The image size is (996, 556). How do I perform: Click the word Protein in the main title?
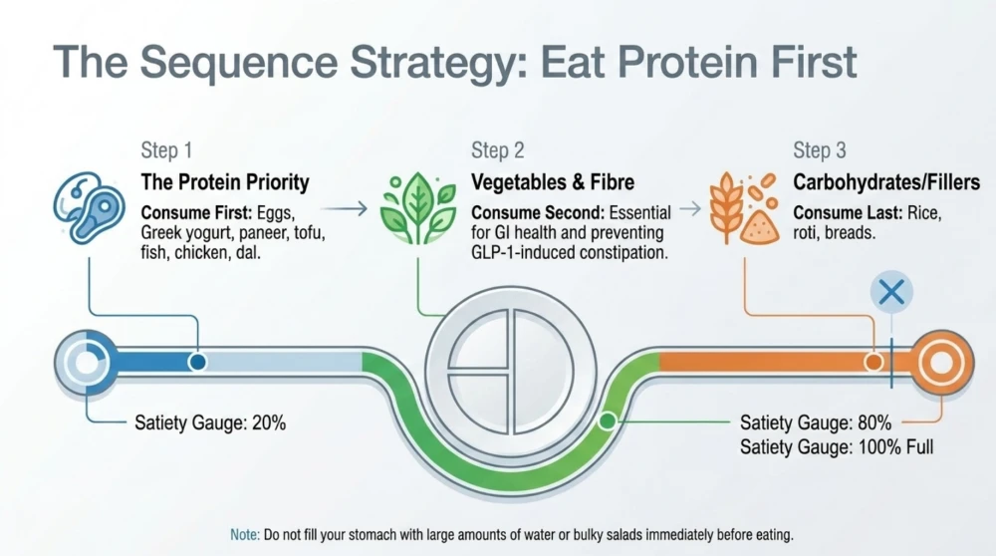(688, 62)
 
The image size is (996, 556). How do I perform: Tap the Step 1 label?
(166, 150)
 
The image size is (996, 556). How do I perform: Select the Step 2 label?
(497, 150)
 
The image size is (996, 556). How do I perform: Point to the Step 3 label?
(820, 150)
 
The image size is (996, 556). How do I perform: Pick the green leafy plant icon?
(418, 208)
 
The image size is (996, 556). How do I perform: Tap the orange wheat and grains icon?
(744, 208)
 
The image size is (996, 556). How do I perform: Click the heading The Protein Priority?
(225, 182)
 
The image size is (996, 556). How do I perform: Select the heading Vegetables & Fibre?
(553, 182)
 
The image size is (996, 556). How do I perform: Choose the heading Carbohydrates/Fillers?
(886, 182)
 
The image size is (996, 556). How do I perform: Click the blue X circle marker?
(891, 292)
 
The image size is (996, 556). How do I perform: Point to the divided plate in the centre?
(511, 372)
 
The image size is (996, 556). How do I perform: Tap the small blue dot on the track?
(197, 362)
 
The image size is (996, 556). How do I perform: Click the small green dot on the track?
(608, 420)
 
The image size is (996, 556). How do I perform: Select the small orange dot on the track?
(874, 362)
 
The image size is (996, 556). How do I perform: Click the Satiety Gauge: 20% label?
(210, 422)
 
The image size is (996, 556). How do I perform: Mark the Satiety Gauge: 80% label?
(816, 422)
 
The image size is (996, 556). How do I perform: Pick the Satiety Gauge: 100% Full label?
(837, 446)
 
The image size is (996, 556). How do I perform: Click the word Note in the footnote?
(245, 534)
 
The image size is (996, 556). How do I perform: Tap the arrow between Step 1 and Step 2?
(345, 208)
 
